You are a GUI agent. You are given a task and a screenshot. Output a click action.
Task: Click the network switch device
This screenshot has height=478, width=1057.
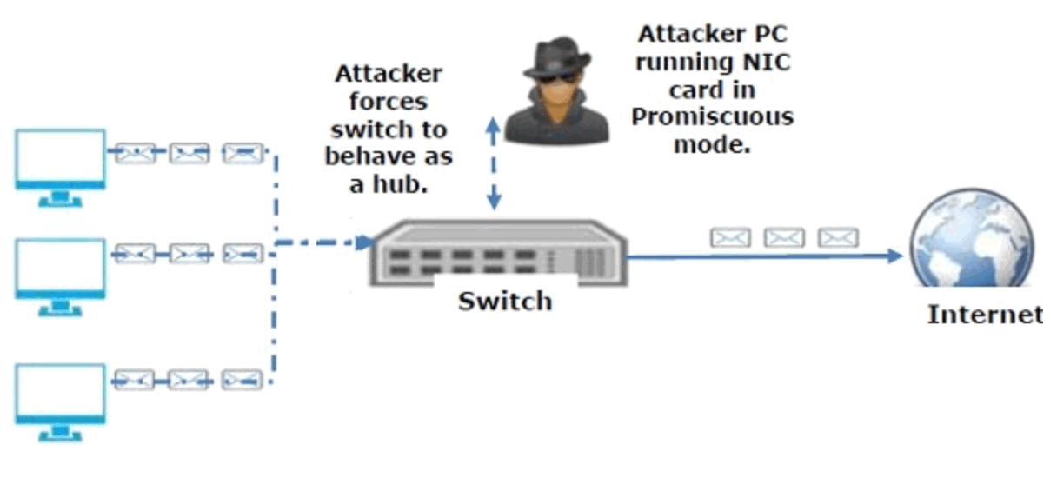[496, 253]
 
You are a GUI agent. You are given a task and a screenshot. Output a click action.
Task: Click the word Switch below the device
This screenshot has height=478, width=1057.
[505, 302]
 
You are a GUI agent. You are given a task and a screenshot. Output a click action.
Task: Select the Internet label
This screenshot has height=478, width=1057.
[985, 314]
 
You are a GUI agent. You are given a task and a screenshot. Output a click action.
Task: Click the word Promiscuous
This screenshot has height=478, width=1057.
[712, 117]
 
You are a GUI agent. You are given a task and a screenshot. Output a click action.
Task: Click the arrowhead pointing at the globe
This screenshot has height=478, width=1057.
[895, 256]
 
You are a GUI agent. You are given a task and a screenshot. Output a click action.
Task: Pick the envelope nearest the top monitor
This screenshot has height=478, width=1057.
[135, 155]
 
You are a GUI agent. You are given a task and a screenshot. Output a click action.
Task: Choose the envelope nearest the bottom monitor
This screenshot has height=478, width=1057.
[135, 379]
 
